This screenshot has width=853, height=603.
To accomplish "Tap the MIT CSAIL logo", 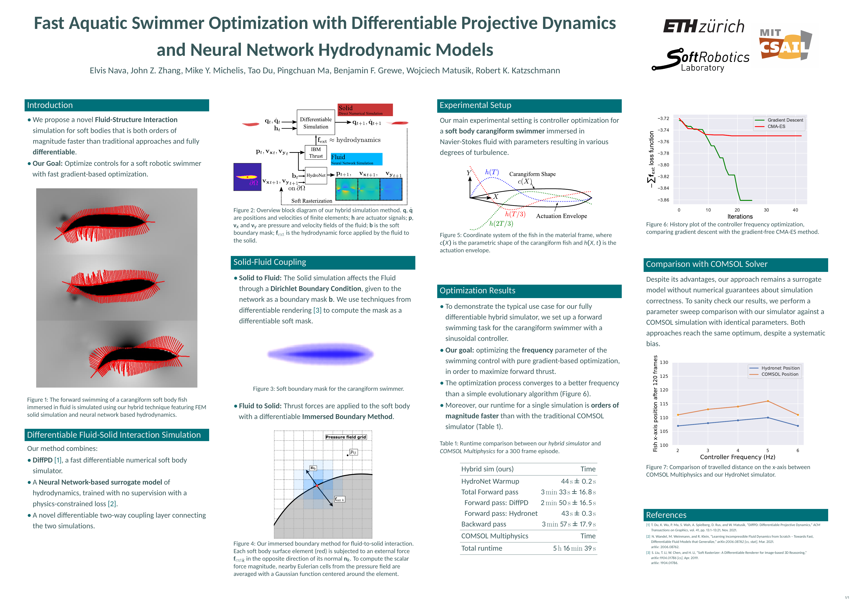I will pos(785,45).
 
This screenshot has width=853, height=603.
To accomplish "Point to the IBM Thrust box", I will pos(316,153).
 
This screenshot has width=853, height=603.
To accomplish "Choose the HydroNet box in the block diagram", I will pos(316,175).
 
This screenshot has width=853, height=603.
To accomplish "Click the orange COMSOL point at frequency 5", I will pos(768,401).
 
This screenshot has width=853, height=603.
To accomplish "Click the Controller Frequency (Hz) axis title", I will pos(737,457).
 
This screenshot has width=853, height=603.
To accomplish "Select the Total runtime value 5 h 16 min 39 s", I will pos(574,548).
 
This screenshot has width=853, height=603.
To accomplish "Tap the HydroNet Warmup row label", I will pos(490,481).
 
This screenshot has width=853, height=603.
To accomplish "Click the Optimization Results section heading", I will pos(477,291).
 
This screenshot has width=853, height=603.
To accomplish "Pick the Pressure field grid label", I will pos(346,437).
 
